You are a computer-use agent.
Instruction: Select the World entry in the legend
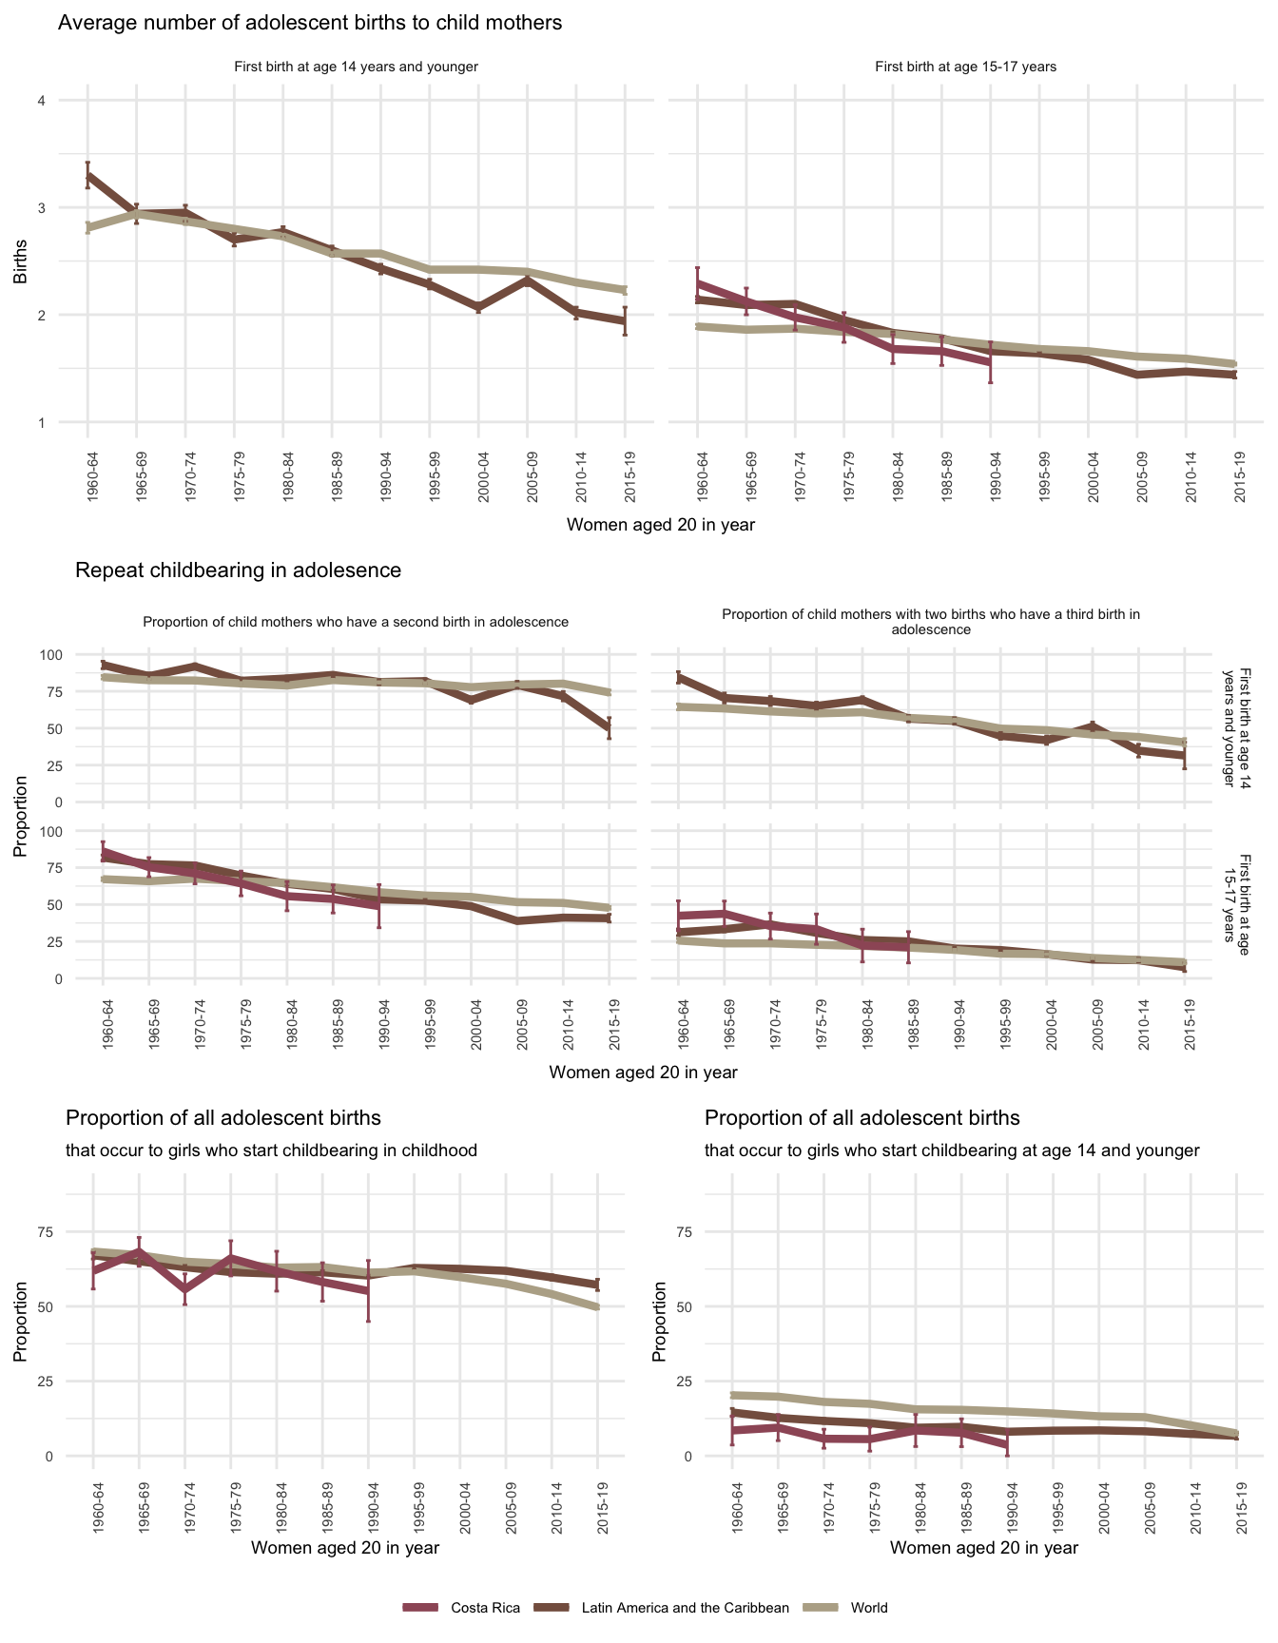(x=868, y=1607)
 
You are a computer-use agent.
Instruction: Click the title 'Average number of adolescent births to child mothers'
(x=310, y=23)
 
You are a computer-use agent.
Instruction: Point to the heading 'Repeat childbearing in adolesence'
(x=238, y=570)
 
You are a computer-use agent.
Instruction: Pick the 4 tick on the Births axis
(x=42, y=101)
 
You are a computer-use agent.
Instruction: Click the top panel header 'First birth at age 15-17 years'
(x=965, y=67)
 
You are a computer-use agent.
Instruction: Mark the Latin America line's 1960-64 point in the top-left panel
(x=87, y=176)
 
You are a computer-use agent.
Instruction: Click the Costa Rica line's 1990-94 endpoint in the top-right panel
(x=991, y=362)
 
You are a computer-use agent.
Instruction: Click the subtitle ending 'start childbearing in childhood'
(x=271, y=1150)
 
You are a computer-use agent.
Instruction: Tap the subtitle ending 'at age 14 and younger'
(x=952, y=1150)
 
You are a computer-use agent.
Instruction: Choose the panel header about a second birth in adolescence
(x=356, y=622)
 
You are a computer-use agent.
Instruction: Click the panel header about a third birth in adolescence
(x=931, y=622)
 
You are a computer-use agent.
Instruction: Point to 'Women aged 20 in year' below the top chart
(x=660, y=525)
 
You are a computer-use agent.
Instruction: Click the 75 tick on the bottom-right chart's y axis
(x=680, y=1232)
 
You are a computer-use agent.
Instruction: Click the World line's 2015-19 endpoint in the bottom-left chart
(x=597, y=1307)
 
